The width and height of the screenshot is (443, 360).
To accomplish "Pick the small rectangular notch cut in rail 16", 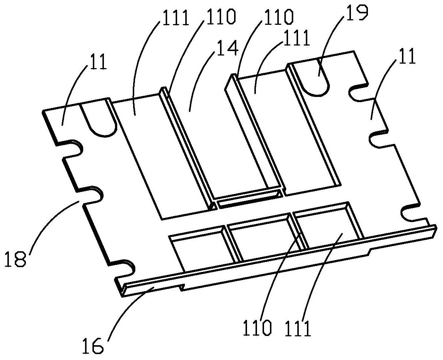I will click(181, 287).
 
